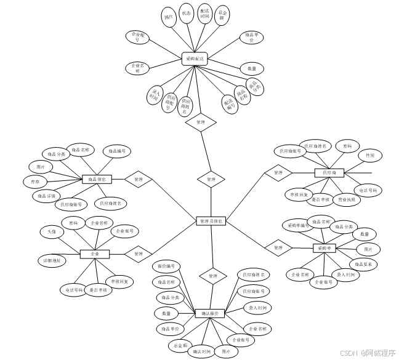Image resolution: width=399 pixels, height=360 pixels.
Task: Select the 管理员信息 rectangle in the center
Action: (211, 220)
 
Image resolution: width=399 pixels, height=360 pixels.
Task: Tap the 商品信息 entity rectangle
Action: (97, 180)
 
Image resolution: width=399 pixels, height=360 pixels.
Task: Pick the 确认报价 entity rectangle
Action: (210, 313)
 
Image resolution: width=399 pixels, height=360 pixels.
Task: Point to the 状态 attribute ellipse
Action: (187, 14)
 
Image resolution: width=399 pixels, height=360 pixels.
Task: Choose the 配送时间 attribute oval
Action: (204, 15)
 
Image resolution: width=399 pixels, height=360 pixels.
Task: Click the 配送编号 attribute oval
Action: (230, 103)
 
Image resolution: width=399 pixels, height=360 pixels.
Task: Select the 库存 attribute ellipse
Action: (35, 182)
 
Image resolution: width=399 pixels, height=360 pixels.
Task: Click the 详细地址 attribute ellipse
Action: (52, 261)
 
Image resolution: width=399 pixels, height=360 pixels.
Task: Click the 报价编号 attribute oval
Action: (166, 266)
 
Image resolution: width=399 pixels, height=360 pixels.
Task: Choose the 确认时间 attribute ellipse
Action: (201, 351)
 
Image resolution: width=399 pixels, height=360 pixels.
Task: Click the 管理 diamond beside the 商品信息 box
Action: (139, 179)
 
